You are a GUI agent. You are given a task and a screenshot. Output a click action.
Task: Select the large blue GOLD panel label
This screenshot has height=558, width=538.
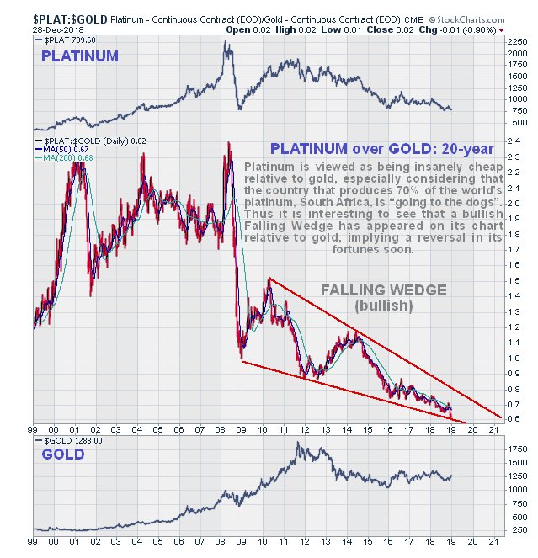(63, 454)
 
